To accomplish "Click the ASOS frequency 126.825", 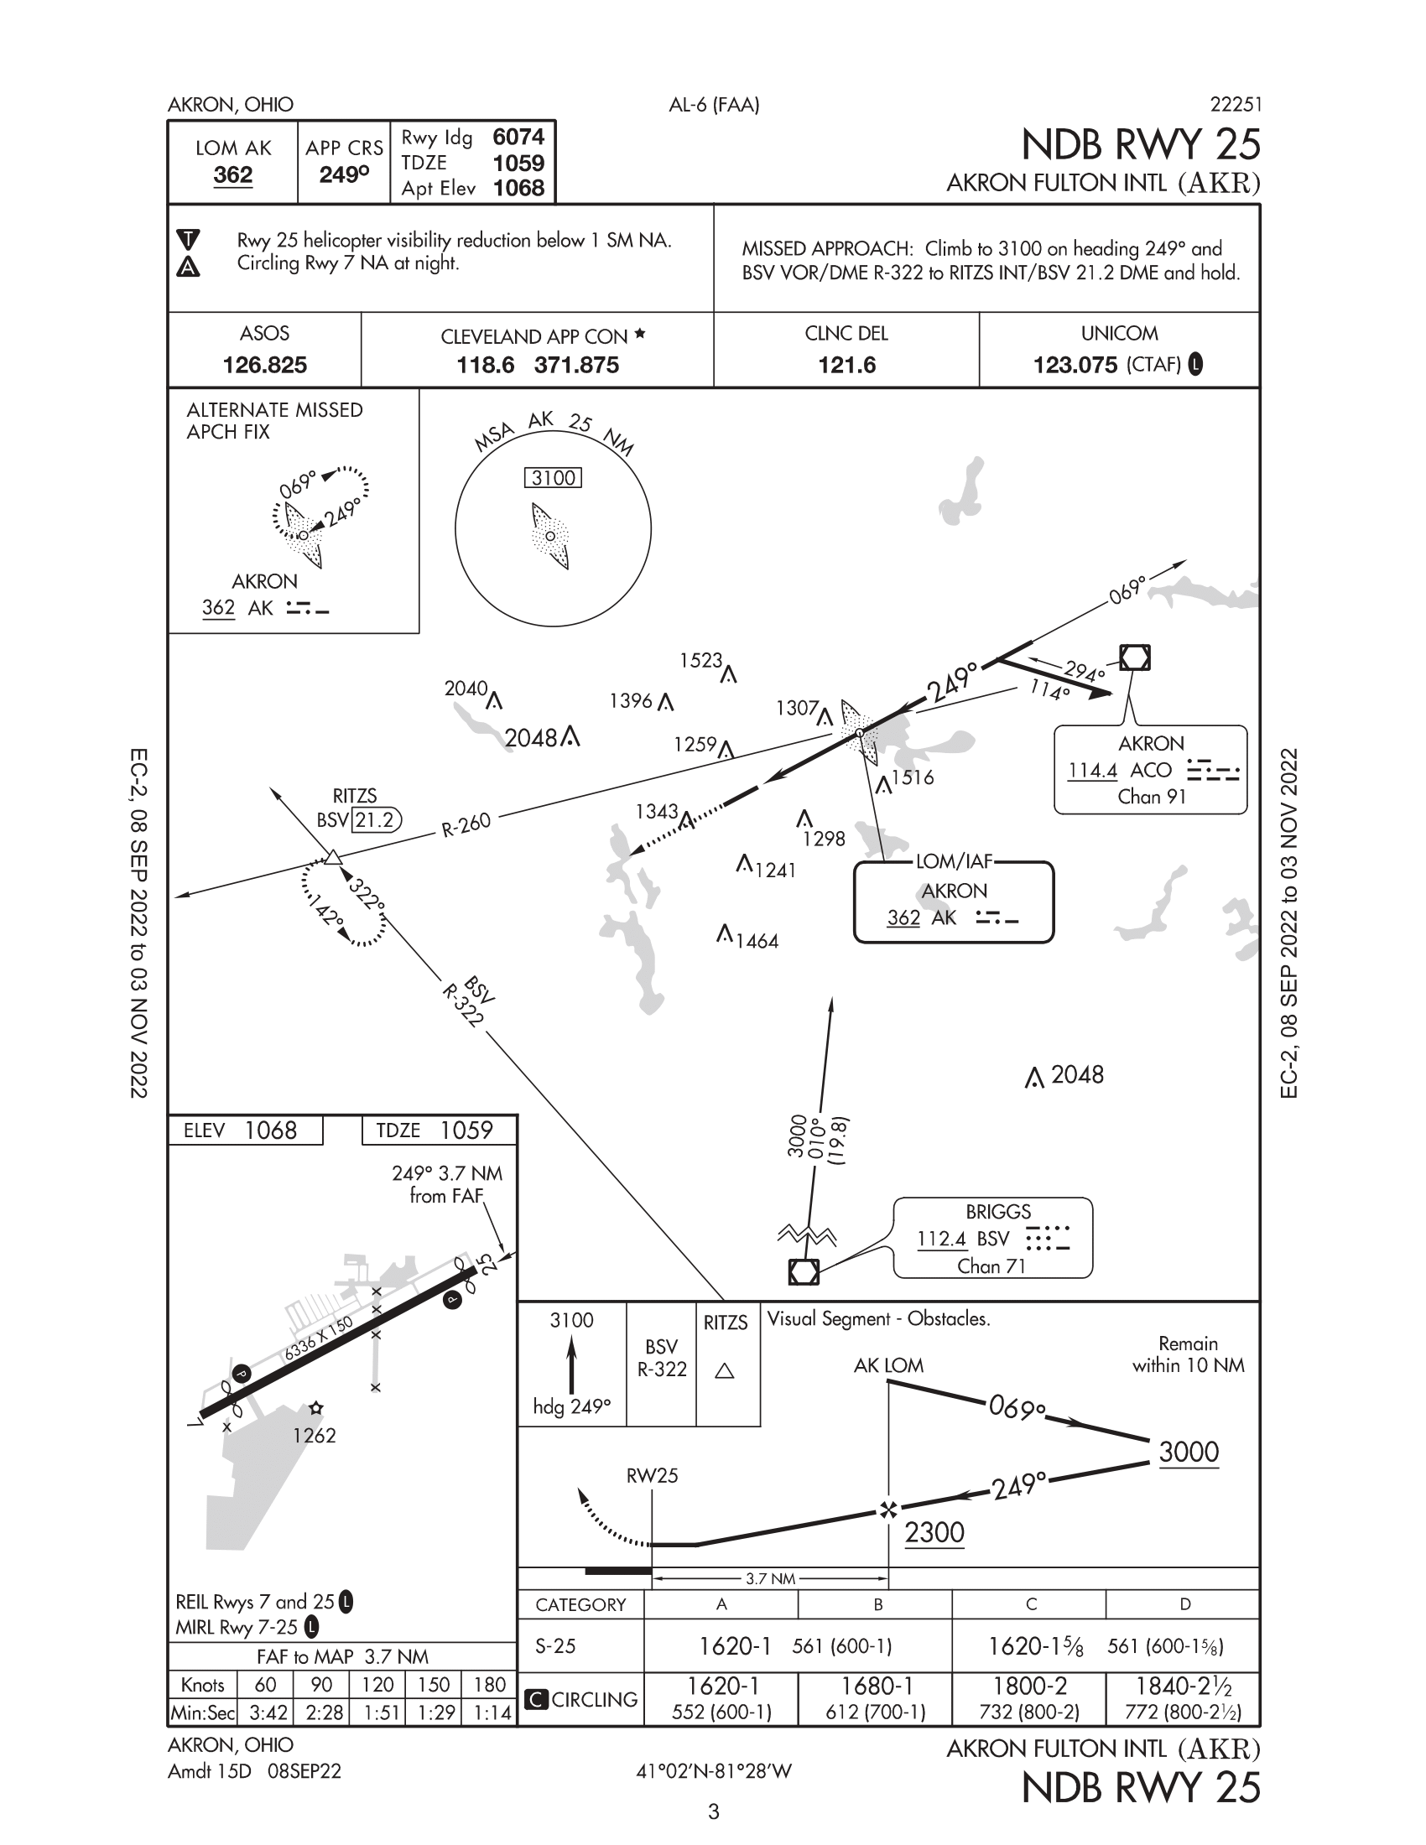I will click(x=264, y=365).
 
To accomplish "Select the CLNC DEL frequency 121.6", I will click(x=846, y=365).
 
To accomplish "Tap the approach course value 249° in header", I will click(x=344, y=175).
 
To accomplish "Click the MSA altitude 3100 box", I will click(x=554, y=478).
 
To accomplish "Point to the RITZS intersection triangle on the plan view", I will click(x=333, y=858).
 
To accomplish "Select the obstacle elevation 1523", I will click(x=701, y=660).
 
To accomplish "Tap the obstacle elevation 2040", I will click(x=466, y=689).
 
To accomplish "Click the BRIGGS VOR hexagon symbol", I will click(x=804, y=1271).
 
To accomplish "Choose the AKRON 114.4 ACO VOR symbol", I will click(x=1135, y=657).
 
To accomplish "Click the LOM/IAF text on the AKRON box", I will click(x=954, y=861).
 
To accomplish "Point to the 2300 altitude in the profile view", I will click(x=934, y=1532).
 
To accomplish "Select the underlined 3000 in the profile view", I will click(x=1189, y=1453).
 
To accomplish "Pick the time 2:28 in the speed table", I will click(x=321, y=1712).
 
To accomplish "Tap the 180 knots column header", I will click(x=489, y=1685).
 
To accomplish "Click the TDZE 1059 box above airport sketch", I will click(x=435, y=1130).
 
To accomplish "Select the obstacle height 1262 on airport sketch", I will click(x=315, y=1435).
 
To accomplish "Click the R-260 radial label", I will click(x=466, y=824).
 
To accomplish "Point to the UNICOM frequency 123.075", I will click(x=1075, y=365).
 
